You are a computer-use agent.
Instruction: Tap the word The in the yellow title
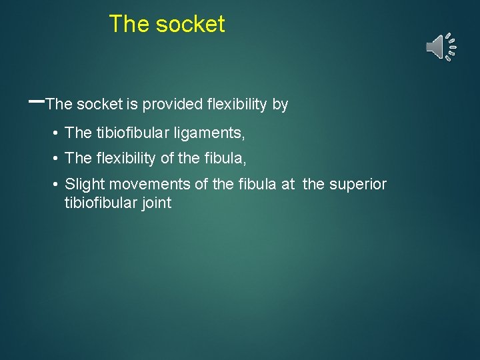pos(129,25)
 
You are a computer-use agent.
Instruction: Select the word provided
pos(173,105)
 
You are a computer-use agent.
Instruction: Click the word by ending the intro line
pos(280,105)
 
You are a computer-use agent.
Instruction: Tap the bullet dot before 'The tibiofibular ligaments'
pos(56,133)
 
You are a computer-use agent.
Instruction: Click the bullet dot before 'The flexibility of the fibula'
pos(56,159)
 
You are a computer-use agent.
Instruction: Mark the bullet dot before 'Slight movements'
pos(56,184)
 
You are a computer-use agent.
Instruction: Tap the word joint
pos(157,203)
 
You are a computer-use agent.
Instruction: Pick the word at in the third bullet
pos(288,184)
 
